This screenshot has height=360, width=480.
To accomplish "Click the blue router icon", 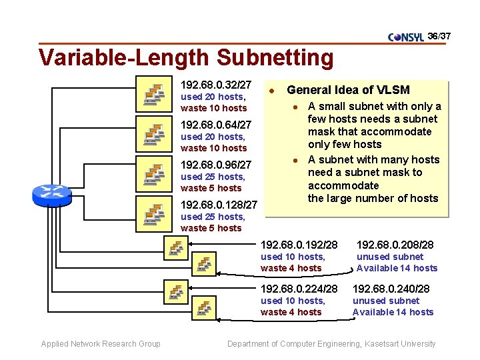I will (x=51, y=193).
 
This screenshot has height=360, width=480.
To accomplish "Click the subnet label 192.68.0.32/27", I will (x=216, y=85).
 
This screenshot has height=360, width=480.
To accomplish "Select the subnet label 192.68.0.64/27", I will (x=216, y=125).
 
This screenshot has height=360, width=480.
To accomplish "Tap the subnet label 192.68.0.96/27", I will (x=216, y=165).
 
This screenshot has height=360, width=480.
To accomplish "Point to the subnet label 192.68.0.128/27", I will (x=219, y=205).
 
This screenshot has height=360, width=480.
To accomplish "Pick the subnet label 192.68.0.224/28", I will (x=299, y=289).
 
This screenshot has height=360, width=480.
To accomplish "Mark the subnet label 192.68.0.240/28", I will (x=391, y=289).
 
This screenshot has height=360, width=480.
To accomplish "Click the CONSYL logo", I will (x=405, y=37).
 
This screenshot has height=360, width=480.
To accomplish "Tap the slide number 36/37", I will (x=439, y=35).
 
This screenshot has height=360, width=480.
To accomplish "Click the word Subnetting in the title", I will (x=269, y=58).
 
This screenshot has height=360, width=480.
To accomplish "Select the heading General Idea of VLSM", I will (x=348, y=90).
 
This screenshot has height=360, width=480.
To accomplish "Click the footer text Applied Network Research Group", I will (x=101, y=344).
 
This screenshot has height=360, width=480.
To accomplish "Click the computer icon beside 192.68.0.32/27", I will (x=154, y=95).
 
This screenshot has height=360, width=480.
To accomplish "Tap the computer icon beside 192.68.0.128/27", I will (x=154, y=215).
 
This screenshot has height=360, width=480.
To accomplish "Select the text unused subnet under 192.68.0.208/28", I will (x=390, y=257).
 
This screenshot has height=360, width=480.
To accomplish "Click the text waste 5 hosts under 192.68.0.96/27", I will (x=211, y=188).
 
